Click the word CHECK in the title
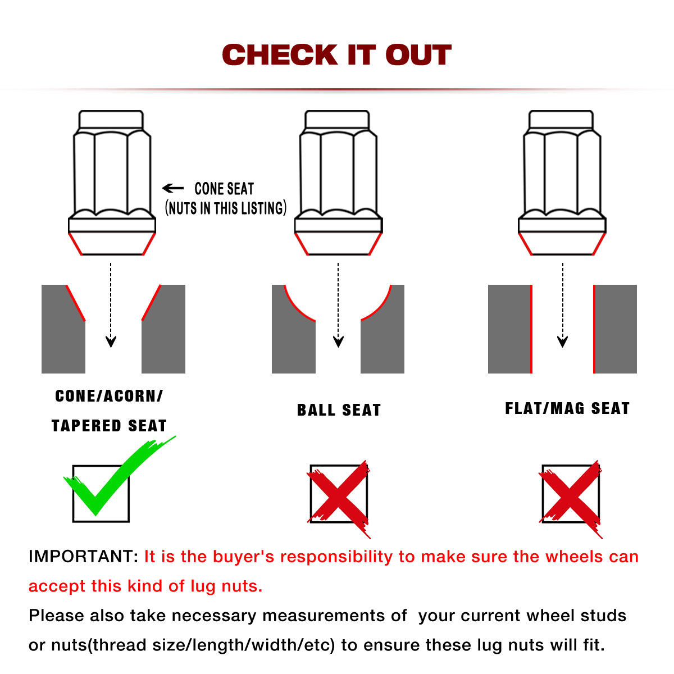coord(280,55)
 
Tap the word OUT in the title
coord(418,55)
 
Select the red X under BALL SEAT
coord(339,498)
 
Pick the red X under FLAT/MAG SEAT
coord(571,498)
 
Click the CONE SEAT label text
coord(224,189)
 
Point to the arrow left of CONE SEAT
coord(173,188)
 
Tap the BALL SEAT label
coord(339,410)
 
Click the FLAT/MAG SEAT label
coord(567,408)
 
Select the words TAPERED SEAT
coord(109,426)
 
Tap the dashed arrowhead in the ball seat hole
coord(338,341)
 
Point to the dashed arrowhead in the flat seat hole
coord(562,341)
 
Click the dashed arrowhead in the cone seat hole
coord(111,341)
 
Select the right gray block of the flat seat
coord(616,329)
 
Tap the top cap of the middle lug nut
coord(337,120)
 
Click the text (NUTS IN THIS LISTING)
coord(226,208)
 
